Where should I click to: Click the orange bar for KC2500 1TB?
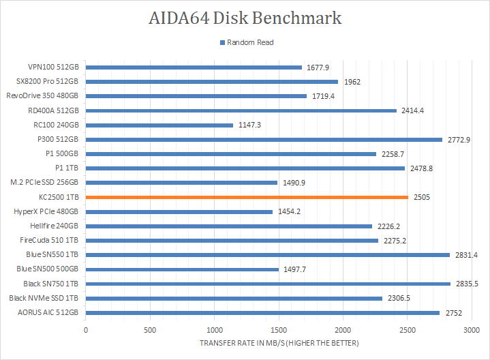click(247, 197)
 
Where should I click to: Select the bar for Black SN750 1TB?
click(268, 284)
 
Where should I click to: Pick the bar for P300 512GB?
click(264, 139)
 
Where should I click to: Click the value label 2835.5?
click(468, 284)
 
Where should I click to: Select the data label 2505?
click(422, 197)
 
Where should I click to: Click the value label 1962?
click(352, 82)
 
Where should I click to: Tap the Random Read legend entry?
click(246, 42)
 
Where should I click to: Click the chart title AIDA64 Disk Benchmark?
click(245, 18)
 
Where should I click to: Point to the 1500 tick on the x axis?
click(279, 330)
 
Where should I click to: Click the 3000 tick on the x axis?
click(472, 330)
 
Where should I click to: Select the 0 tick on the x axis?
click(86, 330)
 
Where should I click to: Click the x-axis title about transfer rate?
click(279, 342)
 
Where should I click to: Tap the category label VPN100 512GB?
click(53, 67)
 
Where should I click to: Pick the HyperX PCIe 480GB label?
click(46, 211)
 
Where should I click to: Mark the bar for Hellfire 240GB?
click(229, 226)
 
